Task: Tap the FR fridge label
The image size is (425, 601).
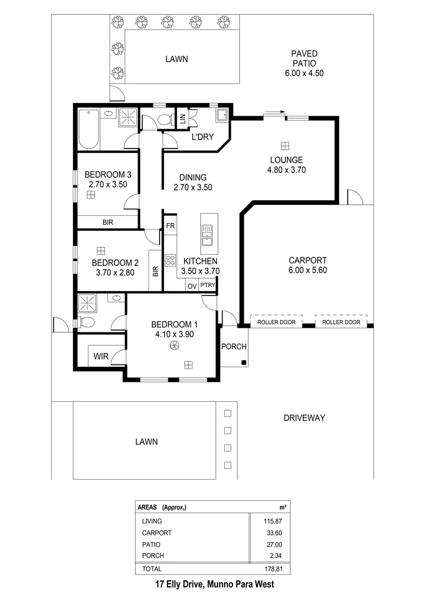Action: [170, 226]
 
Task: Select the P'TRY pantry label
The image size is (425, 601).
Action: [208, 285]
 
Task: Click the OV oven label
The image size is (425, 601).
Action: [192, 286]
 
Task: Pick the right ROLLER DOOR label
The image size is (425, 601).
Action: [341, 322]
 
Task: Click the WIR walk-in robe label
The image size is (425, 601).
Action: [101, 357]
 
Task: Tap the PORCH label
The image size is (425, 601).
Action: [234, 347]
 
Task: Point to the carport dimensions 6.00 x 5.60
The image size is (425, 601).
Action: [308, 271]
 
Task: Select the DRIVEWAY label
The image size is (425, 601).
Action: [304, 418]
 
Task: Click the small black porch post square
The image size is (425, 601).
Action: [244, 363]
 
